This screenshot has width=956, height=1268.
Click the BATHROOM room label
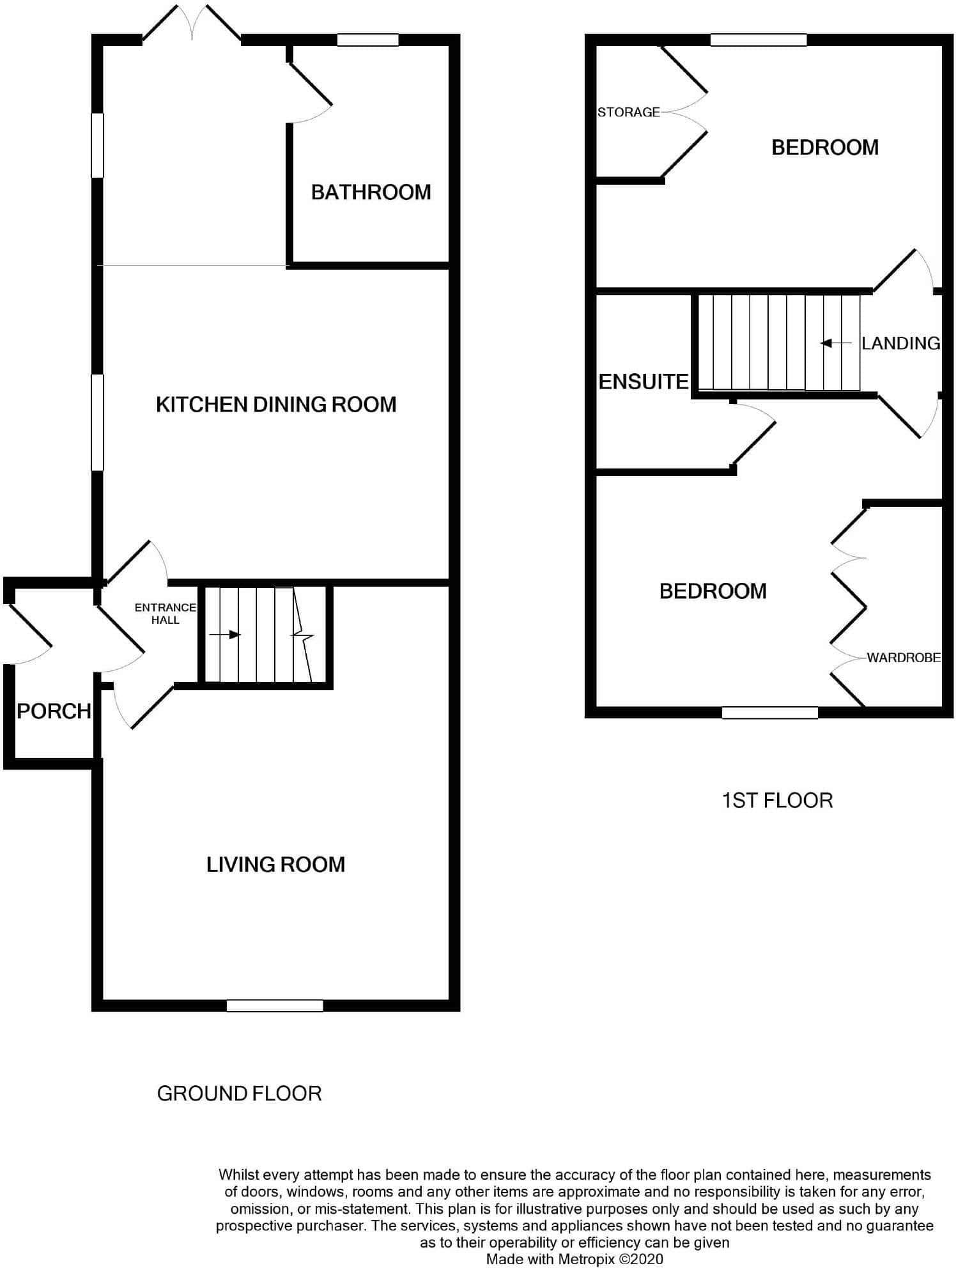click(371, 192)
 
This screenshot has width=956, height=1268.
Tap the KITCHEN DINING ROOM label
click(276, 405)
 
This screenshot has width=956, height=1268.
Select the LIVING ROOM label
click(275, 865)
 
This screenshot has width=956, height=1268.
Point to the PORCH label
click(54, 711)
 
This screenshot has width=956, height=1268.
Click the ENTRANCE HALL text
click(165, 614)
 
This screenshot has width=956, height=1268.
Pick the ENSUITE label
click(644, 382)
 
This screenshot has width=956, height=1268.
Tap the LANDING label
click(900, 343)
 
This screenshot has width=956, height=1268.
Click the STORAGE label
click(628, 112)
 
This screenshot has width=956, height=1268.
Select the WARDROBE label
click(904, 657)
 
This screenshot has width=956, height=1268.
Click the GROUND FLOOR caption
click(239, 1094)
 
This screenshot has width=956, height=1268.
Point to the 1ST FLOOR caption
click(777, 801)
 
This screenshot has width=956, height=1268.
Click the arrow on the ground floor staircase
click(225, 635)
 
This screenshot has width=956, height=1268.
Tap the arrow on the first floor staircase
click(836, 343)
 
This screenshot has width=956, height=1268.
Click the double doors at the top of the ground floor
click(192, 24)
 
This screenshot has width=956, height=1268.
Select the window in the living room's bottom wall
click(275, 1006)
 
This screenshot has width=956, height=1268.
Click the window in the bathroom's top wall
click(367, 40)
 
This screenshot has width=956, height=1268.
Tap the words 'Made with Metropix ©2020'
click(574, 1259)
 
